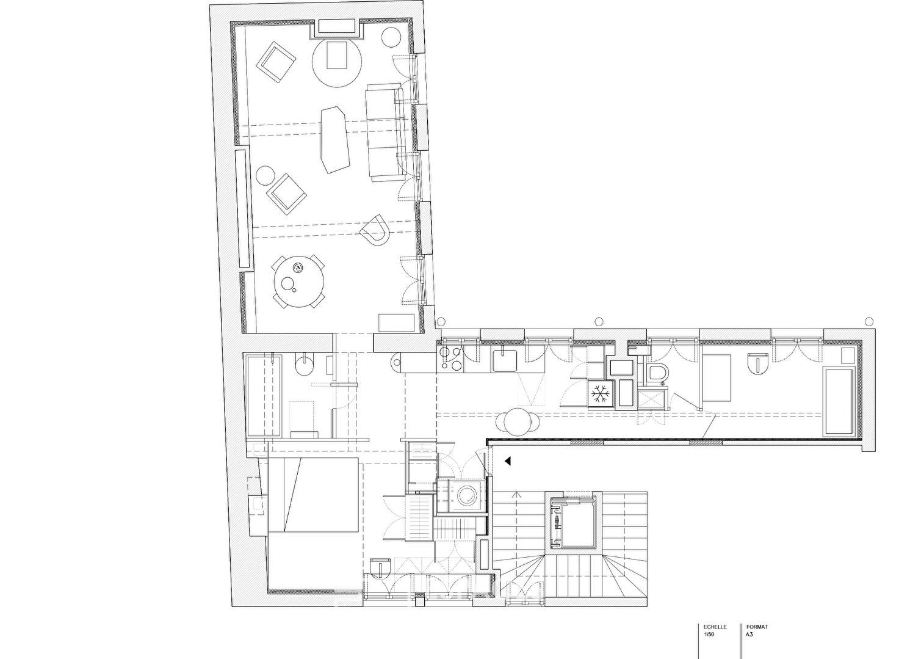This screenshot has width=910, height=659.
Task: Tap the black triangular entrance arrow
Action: pyautogui.click(x=507, y=461)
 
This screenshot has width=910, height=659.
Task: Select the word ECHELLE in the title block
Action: pyautogui.click(x=715, y=627)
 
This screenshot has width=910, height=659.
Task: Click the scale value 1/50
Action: pyautogui.click(x=709, y=634)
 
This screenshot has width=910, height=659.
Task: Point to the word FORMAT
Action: pyautogui.click(x=757, y=627)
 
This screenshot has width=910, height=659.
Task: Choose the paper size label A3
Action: pyautogui.click(x=749, y=634)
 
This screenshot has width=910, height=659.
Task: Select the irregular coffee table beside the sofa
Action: pyautogui.click(x=335, y=139)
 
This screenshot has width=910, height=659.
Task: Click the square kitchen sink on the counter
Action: pyautogui.click(x=505, y=360)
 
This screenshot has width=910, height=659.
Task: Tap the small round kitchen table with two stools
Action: pyautogui.click(x=517, y=421)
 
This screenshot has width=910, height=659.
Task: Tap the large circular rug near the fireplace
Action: pyautogui.click(x=337, y=62)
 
